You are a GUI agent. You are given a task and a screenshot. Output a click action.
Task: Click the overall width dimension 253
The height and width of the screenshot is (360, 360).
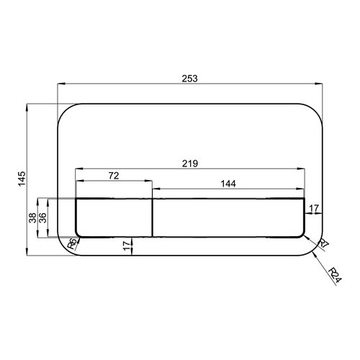tap(189, 78)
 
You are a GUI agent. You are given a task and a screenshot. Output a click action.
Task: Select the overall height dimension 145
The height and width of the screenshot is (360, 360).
tap(22, 179)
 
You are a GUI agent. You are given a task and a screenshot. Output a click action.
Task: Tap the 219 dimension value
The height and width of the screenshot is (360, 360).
tap(190, 163)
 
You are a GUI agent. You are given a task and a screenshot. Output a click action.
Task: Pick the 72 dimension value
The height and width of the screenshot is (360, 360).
tap(114, 176)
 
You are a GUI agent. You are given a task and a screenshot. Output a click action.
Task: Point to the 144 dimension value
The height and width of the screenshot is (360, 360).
tap(228, 184)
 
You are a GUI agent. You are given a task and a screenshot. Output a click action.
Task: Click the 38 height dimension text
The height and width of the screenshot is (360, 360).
tap(32, 218)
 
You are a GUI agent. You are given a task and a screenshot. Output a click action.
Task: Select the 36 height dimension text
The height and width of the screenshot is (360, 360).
tap(42, 218)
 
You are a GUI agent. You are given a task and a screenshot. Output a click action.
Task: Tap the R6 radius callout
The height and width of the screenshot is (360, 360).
tap(73, 244)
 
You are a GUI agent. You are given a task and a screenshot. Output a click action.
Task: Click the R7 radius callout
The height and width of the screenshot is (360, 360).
tap(323, 243)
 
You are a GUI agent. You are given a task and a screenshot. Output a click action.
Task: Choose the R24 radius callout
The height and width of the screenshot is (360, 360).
tap(335, 275)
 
